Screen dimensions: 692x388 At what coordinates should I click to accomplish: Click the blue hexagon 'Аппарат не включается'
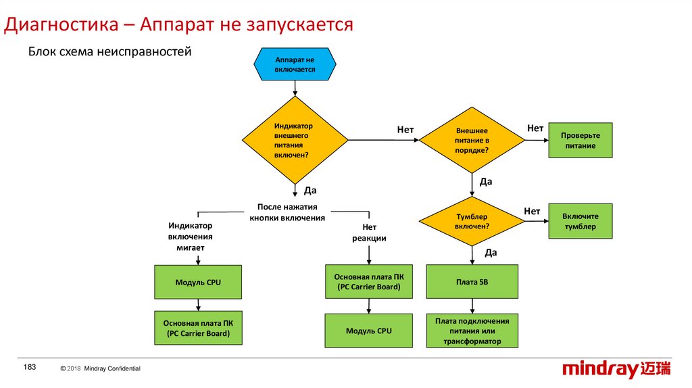(x=295, y=64)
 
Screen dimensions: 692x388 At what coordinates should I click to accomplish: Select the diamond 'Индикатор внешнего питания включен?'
(x=295, y=140)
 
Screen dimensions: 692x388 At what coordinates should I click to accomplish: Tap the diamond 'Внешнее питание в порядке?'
(x=472, y=140)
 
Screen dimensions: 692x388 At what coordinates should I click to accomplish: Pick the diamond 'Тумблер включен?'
(x=472, y=221)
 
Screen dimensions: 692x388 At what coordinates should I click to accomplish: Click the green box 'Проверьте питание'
(x=580, y=141)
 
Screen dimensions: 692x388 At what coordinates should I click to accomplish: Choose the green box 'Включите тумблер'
(x=580, y=221)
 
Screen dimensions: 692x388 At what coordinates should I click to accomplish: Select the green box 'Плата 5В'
(x=472, y=282)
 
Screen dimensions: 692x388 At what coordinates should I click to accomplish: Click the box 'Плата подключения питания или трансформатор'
(x=472, y=331)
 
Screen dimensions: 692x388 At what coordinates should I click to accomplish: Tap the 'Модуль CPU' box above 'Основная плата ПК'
(x=198, y=282)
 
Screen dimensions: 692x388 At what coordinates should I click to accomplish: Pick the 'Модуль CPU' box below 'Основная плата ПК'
(x=369, y=331)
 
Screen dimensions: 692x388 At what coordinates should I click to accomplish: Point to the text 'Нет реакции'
(x=369, y=233)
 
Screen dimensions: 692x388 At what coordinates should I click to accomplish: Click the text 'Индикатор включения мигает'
(x=190, y=237)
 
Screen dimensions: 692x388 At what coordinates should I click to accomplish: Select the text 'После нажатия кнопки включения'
(x=287, y=212)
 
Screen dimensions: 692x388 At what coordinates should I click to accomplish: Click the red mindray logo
(x=616, y=369)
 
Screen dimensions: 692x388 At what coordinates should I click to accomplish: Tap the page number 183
(x=30, y=367)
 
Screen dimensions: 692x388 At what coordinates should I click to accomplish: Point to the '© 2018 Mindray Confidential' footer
(x=101, y=368)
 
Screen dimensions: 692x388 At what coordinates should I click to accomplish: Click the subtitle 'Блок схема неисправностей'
(x=110, y=51)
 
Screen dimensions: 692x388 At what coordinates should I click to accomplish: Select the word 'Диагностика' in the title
(x=61, y=25)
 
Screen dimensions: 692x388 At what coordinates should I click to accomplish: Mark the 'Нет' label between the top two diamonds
(x=405, y=129)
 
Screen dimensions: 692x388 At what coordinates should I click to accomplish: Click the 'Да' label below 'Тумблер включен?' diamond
(x=491, y=253)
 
